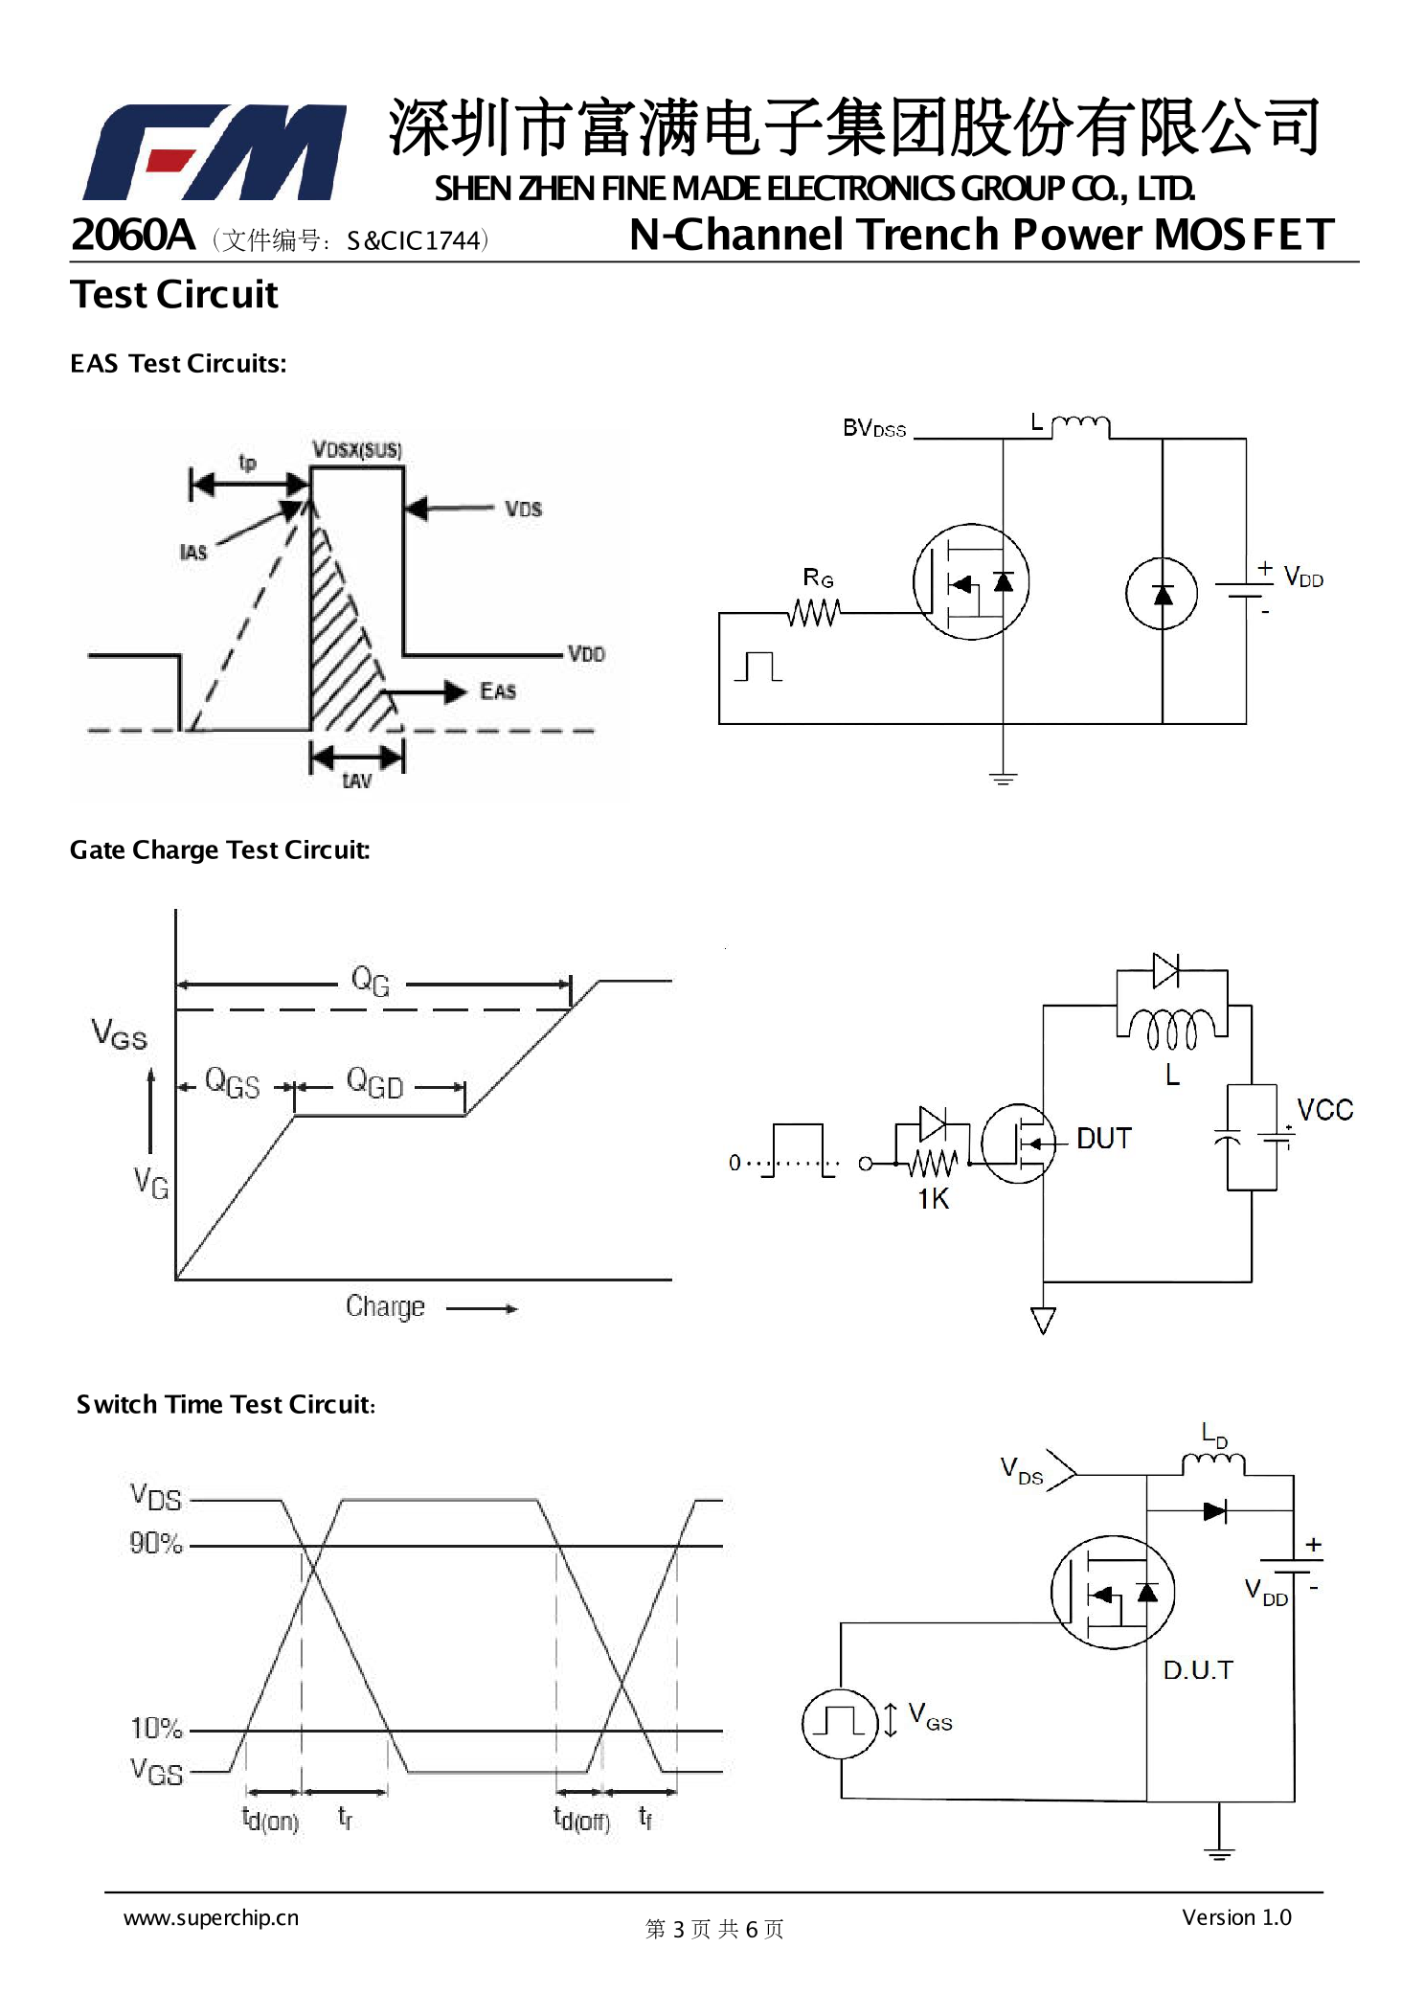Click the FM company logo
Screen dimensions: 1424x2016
215,152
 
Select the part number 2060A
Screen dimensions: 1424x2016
133,236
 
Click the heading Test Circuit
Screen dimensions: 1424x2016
174,295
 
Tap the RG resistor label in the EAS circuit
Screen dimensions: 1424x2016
818,578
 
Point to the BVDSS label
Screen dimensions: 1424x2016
873,428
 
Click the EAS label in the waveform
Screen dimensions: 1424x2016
498,691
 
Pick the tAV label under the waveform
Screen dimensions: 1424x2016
356,781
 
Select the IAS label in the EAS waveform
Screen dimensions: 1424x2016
193,553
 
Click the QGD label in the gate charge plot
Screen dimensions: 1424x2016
374,1083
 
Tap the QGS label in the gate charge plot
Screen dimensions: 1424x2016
232,1083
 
